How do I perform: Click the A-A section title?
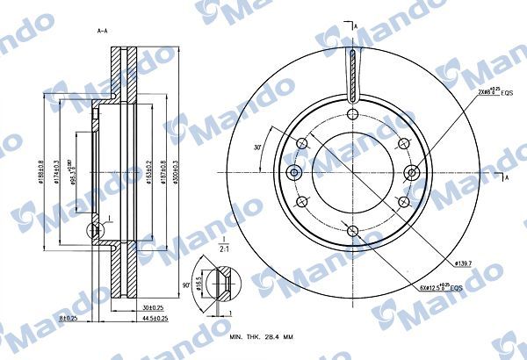coord(102,31)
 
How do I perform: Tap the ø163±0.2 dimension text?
coord(148,170)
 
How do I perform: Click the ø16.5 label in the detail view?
coord(199,285)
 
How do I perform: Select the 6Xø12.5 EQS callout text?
coord(439,286)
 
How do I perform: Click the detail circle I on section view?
coord(95,232)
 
